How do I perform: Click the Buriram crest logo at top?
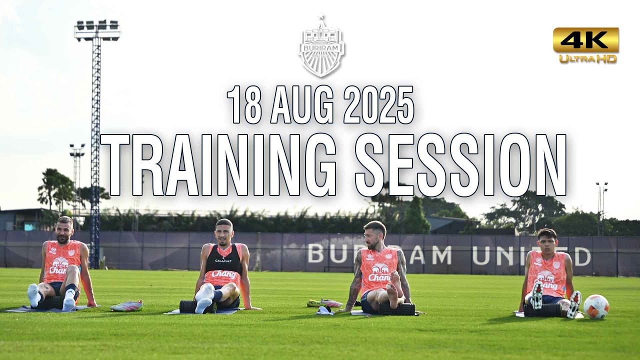point(322,48)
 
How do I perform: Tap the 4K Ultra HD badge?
point(585,45)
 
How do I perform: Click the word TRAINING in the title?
point(218,165)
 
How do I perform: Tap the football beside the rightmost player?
point(596,306)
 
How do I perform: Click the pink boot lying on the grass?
point(127,306)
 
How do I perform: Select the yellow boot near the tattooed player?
point(324,303)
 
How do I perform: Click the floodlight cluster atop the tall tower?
point(97,30)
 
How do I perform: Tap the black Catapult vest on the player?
point(223,260)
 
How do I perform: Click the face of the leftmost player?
point(64,231)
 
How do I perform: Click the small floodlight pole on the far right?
point(601,207)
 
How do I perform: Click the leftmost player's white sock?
point(34,295)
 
